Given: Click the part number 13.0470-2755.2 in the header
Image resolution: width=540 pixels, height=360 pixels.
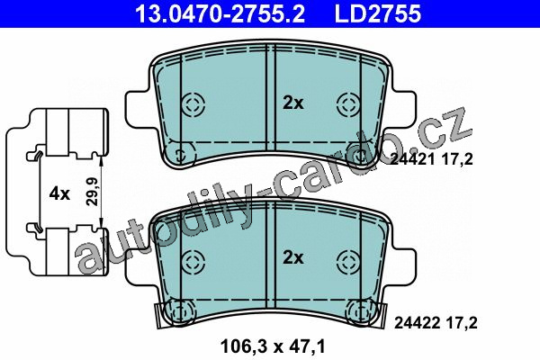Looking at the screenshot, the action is (220, 13).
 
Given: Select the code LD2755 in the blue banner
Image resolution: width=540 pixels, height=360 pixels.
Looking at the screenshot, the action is (378, 13).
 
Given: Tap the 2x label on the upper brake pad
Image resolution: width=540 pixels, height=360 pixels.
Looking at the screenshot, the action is (293, 103).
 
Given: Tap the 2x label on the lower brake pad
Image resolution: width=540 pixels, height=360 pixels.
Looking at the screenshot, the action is (293, 257).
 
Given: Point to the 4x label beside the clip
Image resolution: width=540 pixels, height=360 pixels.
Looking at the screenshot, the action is (59, 194).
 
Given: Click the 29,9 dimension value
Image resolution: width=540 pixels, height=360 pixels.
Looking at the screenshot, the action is (93, 192).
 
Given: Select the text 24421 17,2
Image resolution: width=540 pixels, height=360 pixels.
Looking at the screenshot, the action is (432, 159).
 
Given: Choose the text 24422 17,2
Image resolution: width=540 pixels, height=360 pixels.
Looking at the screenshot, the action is (436, 323).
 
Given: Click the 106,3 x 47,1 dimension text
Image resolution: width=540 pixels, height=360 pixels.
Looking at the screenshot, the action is (273, 346).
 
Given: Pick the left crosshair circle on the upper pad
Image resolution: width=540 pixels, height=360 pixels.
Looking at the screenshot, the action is (193, 104).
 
